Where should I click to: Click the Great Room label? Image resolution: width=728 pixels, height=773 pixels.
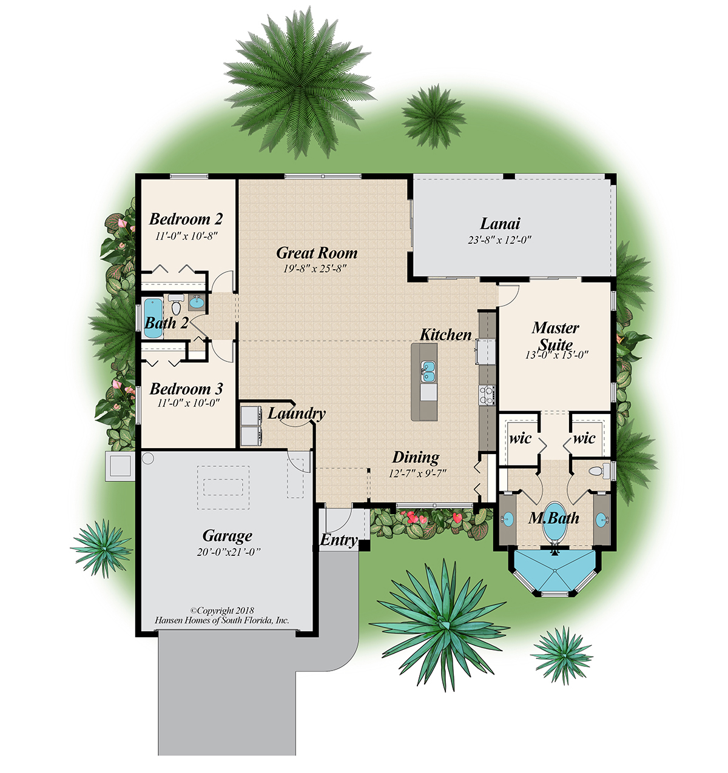pyautogui.click(x=317, y=253)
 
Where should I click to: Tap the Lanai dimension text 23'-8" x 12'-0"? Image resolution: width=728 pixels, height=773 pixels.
pyautogui.click(x=499, y=239)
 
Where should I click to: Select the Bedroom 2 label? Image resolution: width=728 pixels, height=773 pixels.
pyautogui.click(x=186, y=219)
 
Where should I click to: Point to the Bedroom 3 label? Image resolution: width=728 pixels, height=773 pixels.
pyautogui.click(x=186, y=389)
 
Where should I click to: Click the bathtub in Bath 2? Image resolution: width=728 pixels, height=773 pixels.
pyautogui.click(x=153, y=316)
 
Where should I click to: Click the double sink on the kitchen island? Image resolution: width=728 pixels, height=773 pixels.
pyautogui.click(x=428, y=371)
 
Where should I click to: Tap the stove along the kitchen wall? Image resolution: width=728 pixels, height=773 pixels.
pyautogui.click(x=487, y=395)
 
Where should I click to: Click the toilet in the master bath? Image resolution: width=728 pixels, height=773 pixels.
pyautogui.click(x=596, y=471)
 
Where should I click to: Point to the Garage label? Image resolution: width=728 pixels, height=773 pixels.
pyautogui.click(x=227, y=536)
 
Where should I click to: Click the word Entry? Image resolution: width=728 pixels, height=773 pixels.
pyautogui.click(x=339, y=540)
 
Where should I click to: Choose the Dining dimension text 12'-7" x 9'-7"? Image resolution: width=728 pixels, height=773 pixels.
pyautogui.click(x=417, y=474)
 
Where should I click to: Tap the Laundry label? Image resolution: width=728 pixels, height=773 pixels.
pyautogui.click(x=297, y=413)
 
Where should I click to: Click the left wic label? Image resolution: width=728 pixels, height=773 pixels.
pyautogui.click(x=520, y=438)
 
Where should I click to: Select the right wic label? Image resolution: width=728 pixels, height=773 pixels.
pyautogui.click(x=584, y=438)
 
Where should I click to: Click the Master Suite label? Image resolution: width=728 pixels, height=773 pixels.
pyautogui.click(x=555, y=336)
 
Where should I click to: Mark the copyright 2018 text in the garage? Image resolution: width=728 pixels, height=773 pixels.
pyautogui.click(x=222, y=611)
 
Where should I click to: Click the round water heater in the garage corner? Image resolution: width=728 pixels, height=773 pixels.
pyautogui.click(x=148, y=459)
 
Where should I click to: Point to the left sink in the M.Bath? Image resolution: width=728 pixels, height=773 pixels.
pyautogui.click(x=508, y=520)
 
